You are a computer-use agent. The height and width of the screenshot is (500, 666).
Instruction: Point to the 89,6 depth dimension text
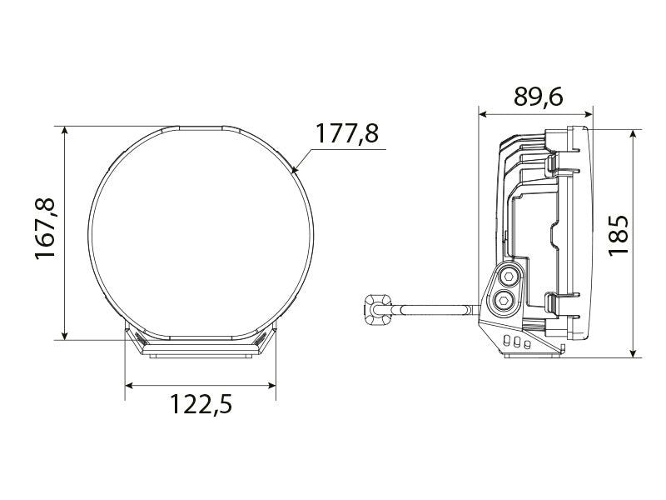(538, 97)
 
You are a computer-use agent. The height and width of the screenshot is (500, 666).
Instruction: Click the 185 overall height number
(618, 235)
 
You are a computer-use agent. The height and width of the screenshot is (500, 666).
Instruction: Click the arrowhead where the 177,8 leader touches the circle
(296, 172)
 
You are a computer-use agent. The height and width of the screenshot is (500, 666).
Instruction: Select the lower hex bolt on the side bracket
(502, 300)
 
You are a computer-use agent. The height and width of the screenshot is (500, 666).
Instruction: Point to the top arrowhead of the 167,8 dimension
(64, 131)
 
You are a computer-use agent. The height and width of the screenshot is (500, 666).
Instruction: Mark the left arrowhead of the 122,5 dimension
(130, 385)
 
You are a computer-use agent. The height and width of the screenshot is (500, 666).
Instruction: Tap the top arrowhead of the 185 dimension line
(634, 134)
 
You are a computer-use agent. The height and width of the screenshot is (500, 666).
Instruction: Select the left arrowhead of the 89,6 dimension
(483, 112)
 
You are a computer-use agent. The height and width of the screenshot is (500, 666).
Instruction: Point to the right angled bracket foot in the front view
(265, 341)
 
